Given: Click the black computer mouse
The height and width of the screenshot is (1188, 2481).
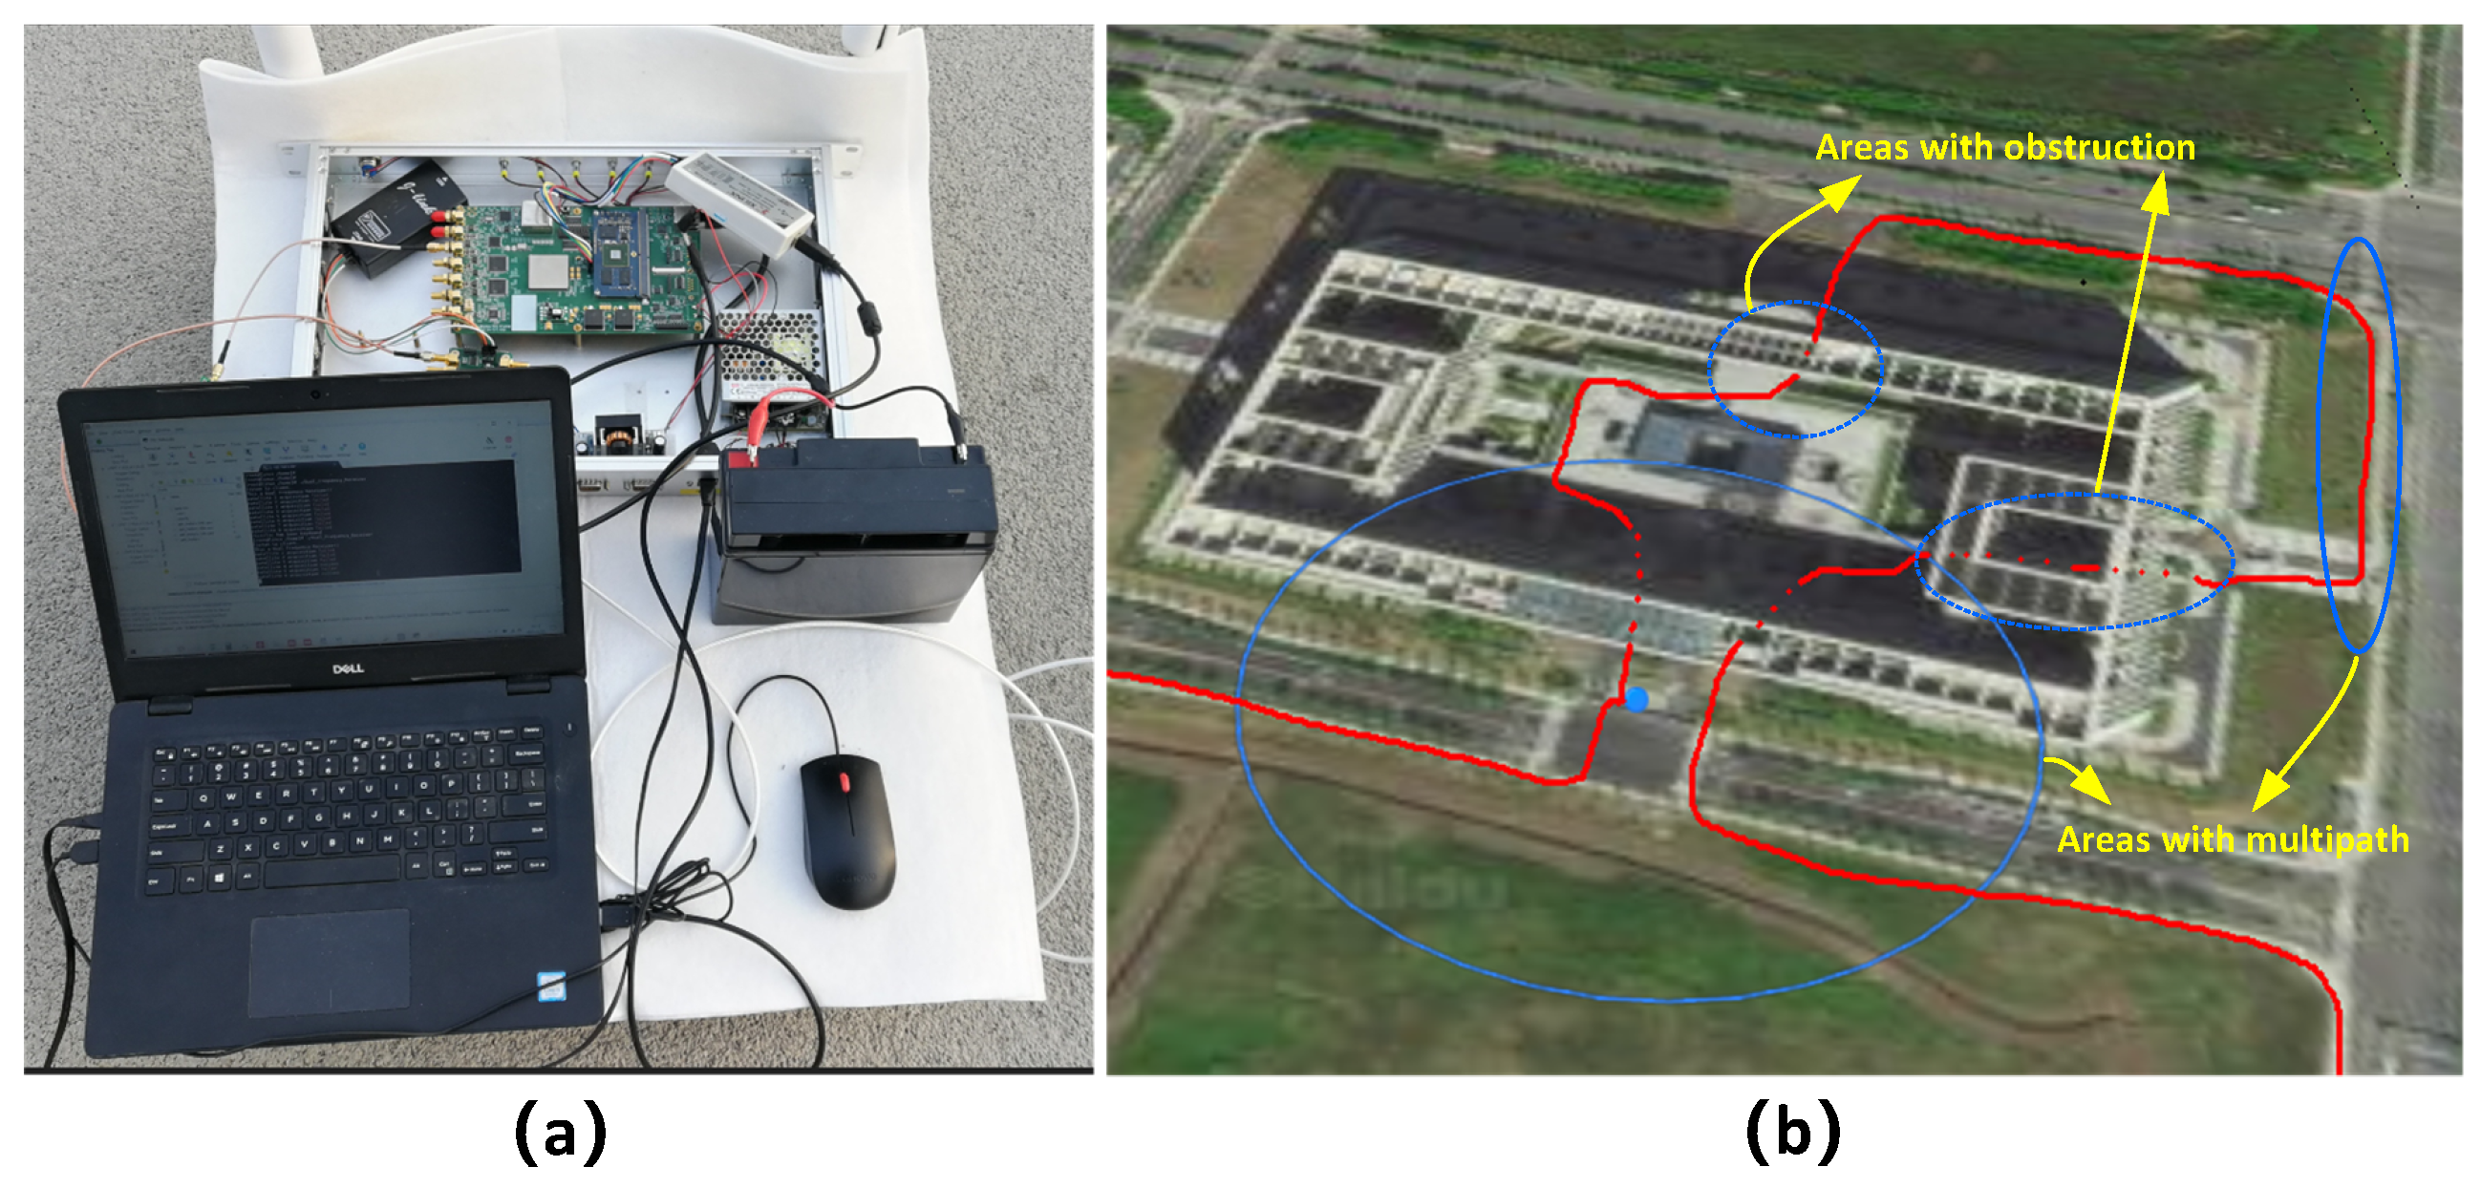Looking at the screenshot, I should pyautogui.click(x=847, y=833).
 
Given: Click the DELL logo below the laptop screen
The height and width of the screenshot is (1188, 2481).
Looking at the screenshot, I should pyautogui.click(x=348, y=668).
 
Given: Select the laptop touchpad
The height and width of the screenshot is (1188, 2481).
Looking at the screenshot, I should pyautogui.click(x=330, y=963).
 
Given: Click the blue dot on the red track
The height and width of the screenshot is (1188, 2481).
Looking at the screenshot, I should pyautogui.click(x=1636, y=699).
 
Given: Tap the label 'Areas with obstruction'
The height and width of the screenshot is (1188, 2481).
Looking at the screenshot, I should pyautogui.click(x=2005, y=147).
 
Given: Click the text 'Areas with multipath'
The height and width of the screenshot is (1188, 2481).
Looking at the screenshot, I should pyautogui.click(x=2233, y=839).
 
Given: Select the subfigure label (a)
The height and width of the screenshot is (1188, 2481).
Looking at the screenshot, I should pyautogui.click(x=561, y=1133).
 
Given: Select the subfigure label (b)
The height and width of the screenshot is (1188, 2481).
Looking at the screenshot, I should pyautogui.click(x=1792, y=1133).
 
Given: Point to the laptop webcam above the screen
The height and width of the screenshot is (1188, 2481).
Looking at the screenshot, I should pyautogui.click(x=316, y=393).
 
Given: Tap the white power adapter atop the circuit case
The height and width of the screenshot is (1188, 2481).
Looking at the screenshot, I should pyautogui.click(x=739, y=198).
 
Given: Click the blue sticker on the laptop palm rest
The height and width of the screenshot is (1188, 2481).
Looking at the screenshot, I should pyautogui.click(x=551, y=985).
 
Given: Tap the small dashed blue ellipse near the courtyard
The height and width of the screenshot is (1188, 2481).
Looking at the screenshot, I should pyautogui.click(x=1795, y=370).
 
